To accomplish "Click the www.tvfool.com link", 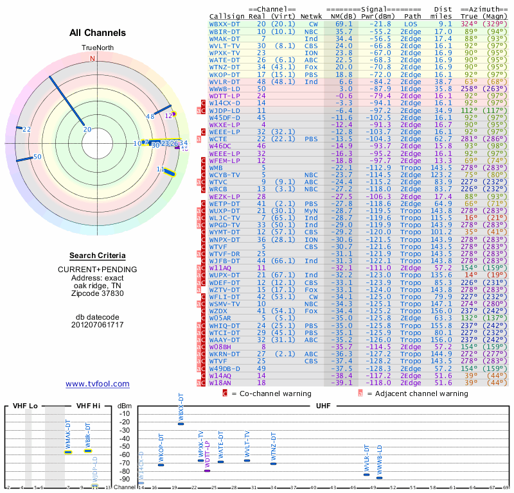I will (x=98, y=384).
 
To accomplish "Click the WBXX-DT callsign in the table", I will (x=226, y=23).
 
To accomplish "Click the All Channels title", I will (x=97, y=33).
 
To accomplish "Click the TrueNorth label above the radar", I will (x=97, y=48).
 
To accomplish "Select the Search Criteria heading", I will (x=97, y=255).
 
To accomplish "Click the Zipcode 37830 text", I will (x=97, y=293).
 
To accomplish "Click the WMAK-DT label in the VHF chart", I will (x=68, y=436).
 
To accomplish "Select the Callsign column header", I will (x=227, y=15).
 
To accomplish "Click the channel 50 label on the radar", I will (x=37, y=157).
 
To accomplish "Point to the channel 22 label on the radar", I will (x=26, y=130).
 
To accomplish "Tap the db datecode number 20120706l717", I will (x=97, y=325).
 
